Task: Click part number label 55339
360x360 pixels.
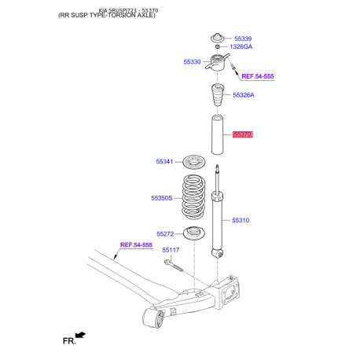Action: click(x=243, y=39)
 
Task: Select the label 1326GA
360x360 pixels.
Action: click(x=241, y=46)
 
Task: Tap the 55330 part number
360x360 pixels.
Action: click(x=192, y=62)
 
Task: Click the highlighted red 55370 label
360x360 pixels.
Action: click(x=243, y=134)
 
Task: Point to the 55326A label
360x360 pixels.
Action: click(x=244, y=95)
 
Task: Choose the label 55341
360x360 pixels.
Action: click(x=164, y=162)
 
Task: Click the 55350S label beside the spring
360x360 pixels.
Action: click(x=162, y=198)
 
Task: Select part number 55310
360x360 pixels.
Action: click(x=241, y=220)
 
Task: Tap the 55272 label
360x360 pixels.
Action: click(x=165, y=234)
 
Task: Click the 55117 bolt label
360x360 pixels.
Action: click(x=171, y=250)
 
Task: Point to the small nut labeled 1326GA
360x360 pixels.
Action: click(x=218, y=46)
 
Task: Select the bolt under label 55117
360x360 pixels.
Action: click(x=174, y=265)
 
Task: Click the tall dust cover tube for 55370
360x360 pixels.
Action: click(x=217, y=134)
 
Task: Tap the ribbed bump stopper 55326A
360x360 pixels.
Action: click(x=218, y=95)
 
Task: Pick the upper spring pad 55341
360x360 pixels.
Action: click(x=193, y=162)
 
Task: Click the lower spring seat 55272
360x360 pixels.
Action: click(x=194, y=233)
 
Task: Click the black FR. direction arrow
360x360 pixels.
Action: click(x=80, y=335)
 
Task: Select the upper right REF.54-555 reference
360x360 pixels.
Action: click(x=258, y=76)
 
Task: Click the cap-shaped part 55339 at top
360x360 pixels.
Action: click(x=218, y=38)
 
